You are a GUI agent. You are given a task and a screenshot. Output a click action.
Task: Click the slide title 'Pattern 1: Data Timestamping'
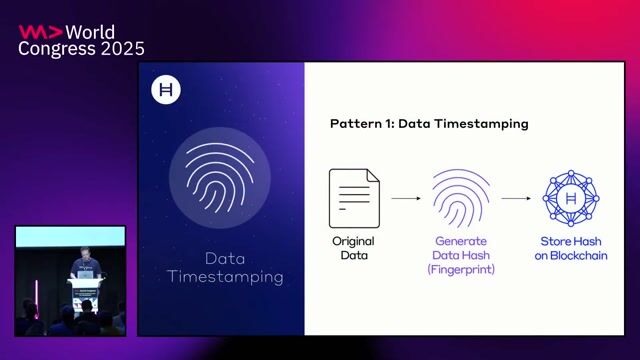tap(429, 124)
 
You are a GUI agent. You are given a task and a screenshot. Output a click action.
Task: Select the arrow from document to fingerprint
tap(405, 199)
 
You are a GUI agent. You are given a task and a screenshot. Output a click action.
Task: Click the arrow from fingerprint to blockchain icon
tap(515, 199)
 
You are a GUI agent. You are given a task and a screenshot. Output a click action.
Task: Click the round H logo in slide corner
tap(165, 90)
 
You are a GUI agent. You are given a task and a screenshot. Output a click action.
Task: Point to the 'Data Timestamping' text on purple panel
tap(225, 265)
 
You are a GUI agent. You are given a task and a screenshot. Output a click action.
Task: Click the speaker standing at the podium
tap(83, 267)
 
